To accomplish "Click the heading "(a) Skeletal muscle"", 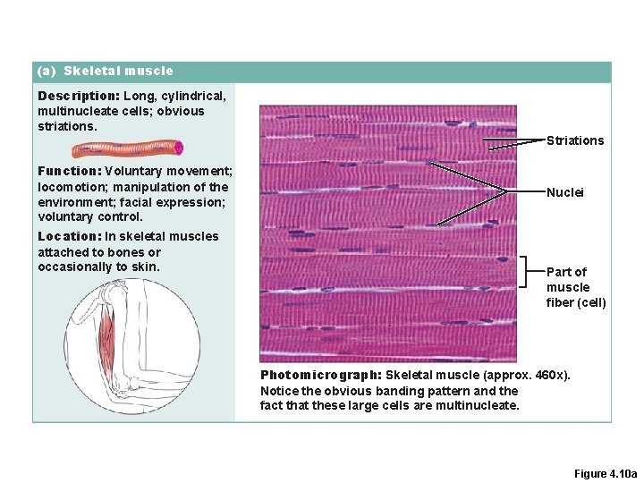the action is coord(105,71).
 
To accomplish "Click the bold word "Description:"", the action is coord(79,95).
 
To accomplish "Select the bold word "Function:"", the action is coord(70,171).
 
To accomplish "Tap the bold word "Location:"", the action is coord(70,236).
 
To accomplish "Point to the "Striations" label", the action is coord(575,140).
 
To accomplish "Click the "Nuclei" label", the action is coord(564,192).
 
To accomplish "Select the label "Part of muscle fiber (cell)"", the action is coord(576,287).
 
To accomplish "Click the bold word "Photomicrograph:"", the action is coord(320,375).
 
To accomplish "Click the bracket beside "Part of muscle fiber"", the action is coord(528,270).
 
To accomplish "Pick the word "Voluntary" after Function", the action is coord(134,171).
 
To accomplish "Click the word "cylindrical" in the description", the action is coord(192,95).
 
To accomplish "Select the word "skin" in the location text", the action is coord(145,267).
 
